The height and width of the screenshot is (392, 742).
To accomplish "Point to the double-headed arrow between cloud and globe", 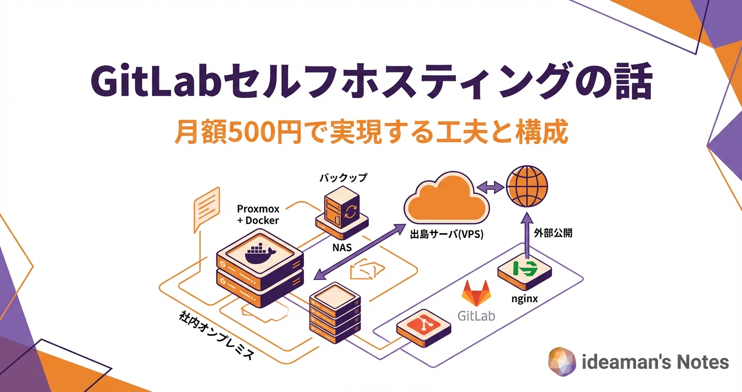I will click(489, 186).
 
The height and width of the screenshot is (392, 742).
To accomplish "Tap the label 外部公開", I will click(553, 233).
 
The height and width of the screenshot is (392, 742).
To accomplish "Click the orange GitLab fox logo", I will click(477, 293).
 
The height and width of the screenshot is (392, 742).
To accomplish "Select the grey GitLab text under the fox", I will click(476, 315).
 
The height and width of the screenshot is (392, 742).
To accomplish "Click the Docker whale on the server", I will click(259, 253).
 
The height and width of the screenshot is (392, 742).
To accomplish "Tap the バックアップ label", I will click(343, 178).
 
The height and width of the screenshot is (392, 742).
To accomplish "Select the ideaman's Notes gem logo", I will click(562, 361).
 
